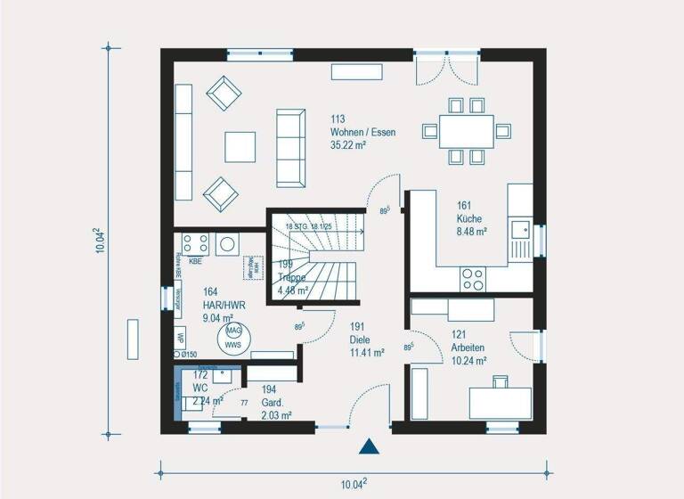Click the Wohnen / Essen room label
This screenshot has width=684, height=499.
click(x=362, y=132)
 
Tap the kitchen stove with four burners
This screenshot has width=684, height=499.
click(x=472, y=279)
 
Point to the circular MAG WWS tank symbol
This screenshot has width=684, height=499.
click(x=233, y=337)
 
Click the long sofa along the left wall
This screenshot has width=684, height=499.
click(x=183, y=143)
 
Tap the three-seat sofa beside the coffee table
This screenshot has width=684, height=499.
click(x=290, y=148)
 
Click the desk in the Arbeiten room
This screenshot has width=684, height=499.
click(x=500, y=402)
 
